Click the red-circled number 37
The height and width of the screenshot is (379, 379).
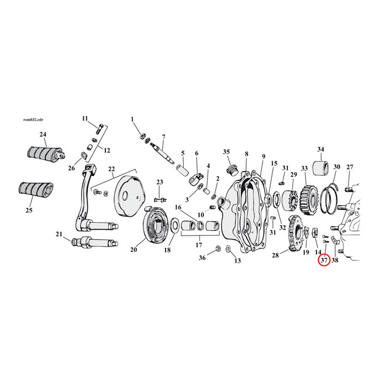click(x=323, y=260)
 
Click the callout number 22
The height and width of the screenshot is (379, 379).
click(x=111, y=169)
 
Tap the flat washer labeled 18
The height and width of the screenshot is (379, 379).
click(x=175, y=238)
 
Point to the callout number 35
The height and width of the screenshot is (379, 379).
click(x=227, y=152)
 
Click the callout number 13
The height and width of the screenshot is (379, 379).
click(x=237, y=261)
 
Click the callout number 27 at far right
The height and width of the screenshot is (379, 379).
click(x=350, y=167)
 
